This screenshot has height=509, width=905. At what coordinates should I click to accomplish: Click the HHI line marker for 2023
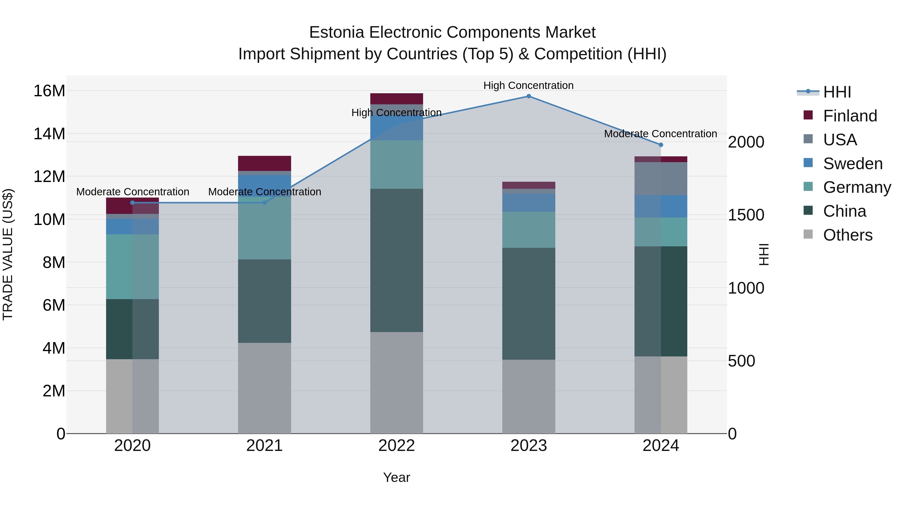pos(528,96)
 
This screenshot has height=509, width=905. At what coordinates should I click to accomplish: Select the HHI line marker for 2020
pos(132,203)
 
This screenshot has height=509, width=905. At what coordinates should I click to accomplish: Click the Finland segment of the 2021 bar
pos(264,163)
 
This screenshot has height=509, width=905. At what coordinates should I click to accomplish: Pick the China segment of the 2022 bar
pos(397,260)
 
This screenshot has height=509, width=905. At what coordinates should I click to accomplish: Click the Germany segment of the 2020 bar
pos(132,267)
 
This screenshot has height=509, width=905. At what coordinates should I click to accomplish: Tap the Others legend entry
pos(847,235)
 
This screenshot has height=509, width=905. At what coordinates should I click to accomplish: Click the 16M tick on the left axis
pos(49,91)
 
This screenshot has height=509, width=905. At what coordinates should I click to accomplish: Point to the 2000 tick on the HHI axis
pos(746,142)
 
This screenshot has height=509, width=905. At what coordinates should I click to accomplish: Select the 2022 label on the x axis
pos(397,446)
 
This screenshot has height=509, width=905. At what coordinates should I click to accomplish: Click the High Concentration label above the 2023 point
pos(528,85)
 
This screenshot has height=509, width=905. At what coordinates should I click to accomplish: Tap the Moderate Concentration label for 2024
pos(660,134)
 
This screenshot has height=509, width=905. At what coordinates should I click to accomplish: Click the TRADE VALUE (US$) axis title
pos(8,254)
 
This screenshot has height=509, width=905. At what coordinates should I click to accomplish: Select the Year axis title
pos(397,477)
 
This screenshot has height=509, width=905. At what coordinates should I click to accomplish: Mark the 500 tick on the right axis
pos(741,361)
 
